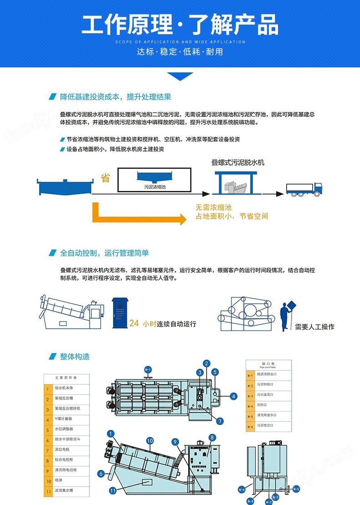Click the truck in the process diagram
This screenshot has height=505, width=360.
pyautogui.click(x=304, y=189)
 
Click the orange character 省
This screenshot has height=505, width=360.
pyautogui.click(x=105, y=178)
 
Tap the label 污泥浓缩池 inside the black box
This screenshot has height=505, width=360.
pyautogui.click(x=155, y=187)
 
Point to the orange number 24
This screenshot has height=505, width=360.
pyautogui.click(x=134, y=323)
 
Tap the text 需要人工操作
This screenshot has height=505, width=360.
pyautogui.click(x=314, y=326)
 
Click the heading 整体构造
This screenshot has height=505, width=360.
pyautogui.click(x=75, y=356)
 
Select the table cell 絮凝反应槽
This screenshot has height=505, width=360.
pyautogui.click(x=67, y=398)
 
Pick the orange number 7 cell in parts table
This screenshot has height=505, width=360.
pyautogui.click(x=47, y=450)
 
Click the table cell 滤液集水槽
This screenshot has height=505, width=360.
pyautogui.click(x=67, y=491)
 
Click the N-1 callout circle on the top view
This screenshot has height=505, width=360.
pyautogui.click(x=148, y=369)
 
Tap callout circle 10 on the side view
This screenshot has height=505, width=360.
pyautogui.click(x=149, y=440)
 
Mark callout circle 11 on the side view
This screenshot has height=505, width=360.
pyautogui.click(x=113, y=490)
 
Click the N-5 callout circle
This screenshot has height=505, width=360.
pyautogui.click(x=295, y=489)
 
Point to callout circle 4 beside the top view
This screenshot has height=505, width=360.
pyautogui.click(x=234, y=397)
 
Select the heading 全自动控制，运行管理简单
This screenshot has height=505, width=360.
pyautogui.click(x=104, y=253)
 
